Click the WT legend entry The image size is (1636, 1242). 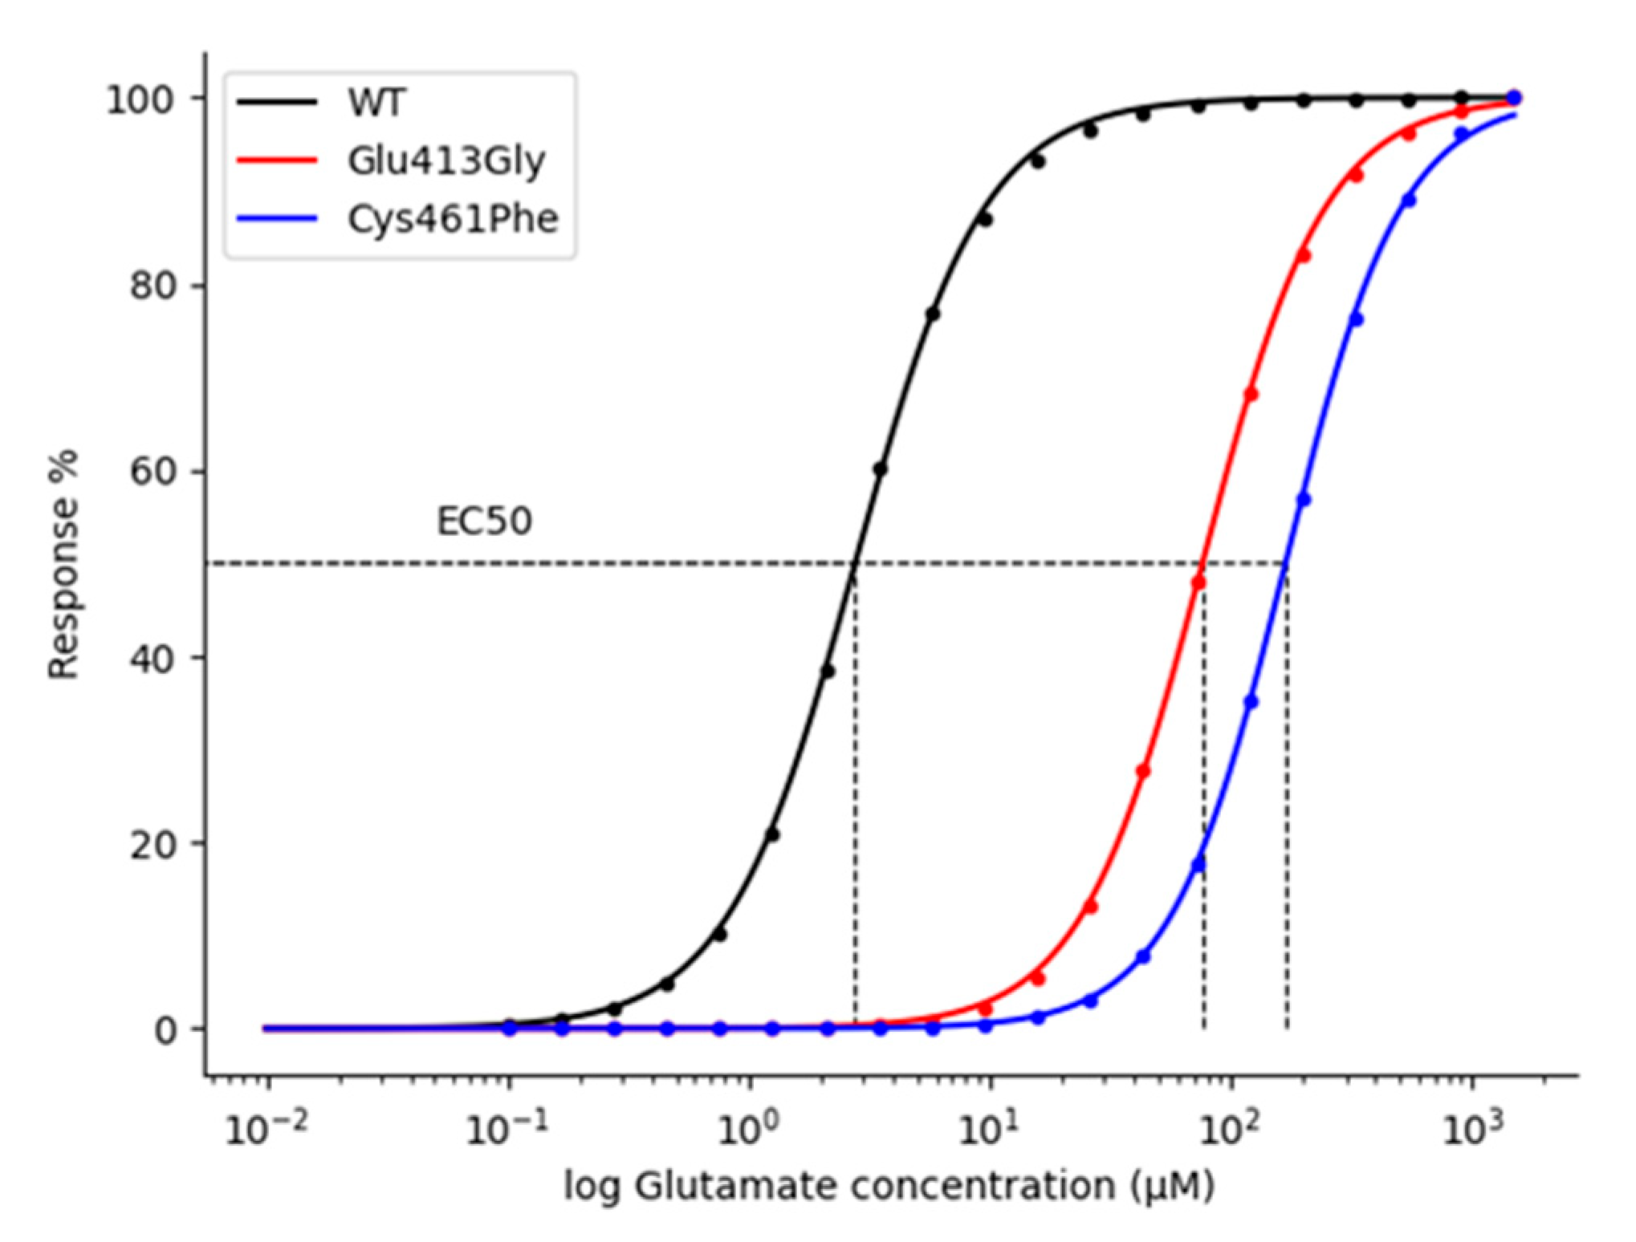click(x=376, y=103)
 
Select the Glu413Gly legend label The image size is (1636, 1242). click(x=446, y=161)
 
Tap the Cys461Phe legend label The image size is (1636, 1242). click(x=453, y=219)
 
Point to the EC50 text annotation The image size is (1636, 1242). click(x=484, y=522)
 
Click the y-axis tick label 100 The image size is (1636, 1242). click(x=140, y=100)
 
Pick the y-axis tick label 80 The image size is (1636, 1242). click(x=153, y=286)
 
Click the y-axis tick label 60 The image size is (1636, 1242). click(x=153, y=472)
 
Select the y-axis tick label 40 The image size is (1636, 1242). click(x=153, y=658)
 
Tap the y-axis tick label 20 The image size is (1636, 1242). click(x=153, y=844)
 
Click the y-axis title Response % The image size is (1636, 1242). click(x=63, y=564)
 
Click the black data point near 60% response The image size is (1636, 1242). click(x=881, y=469)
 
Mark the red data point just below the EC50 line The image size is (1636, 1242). click(x=1199, y=582)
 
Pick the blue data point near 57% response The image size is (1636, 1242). click(x=1304, y=500)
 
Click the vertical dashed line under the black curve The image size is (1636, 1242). click(x=856, y=802)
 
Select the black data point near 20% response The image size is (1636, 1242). click(x=772, y=835)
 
